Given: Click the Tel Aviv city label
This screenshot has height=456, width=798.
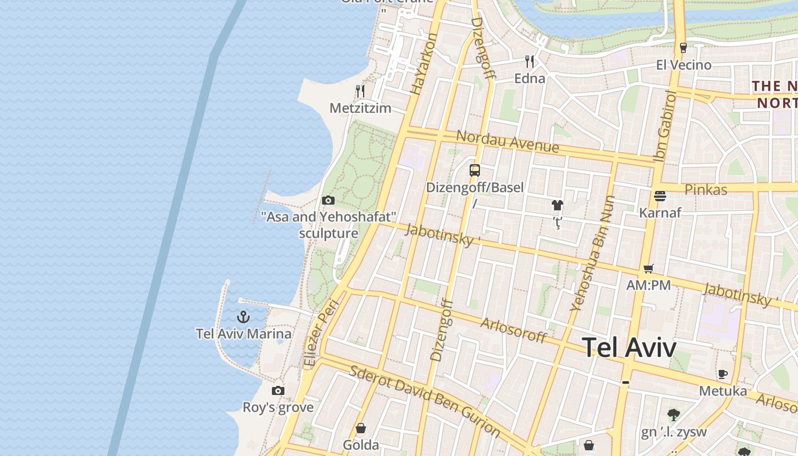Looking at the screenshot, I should pos(629,348).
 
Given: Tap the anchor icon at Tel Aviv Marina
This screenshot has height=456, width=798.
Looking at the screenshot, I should pos(244,317).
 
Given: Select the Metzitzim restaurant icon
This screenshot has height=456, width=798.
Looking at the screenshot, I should pos(360,91).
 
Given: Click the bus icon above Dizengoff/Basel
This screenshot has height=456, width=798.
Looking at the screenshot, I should pos(475,170).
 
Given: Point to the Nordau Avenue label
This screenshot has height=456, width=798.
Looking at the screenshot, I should pos(507,141).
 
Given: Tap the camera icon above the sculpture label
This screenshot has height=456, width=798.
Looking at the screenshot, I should pos(328,200).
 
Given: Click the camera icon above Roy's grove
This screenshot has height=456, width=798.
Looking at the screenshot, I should pos(278,390).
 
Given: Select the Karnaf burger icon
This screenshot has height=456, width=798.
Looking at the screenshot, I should pos(660,196).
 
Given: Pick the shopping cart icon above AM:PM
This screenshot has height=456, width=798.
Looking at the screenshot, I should pos(648,268).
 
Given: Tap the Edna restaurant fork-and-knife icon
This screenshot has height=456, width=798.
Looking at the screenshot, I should pos(530,61).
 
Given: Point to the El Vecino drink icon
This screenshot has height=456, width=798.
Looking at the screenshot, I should pos(683,48).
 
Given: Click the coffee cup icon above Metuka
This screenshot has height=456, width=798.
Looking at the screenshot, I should pos(723,374).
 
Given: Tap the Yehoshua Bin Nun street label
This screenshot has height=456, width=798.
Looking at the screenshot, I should pos(593,253).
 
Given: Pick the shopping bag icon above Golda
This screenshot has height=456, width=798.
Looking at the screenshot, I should pos(361,428).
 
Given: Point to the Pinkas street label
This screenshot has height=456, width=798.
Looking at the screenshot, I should pos(706,189).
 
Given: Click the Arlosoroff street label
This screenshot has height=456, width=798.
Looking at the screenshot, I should pos(513,329).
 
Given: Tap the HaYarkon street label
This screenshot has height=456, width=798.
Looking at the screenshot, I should pos(424,63).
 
